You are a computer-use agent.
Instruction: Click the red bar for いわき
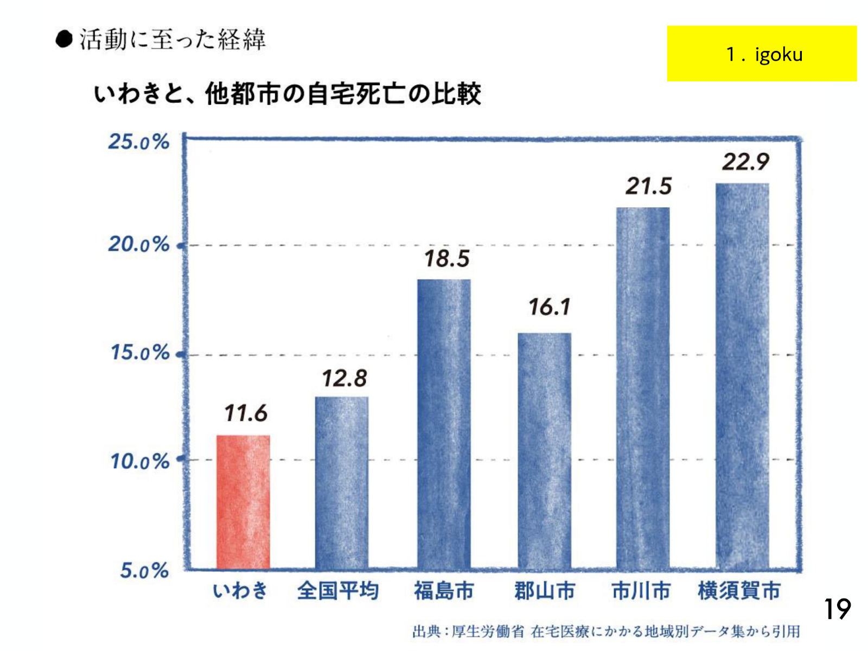pos(243,502)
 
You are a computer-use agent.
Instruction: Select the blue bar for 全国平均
pos(342,483)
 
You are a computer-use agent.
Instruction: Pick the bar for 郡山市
pos(544,451)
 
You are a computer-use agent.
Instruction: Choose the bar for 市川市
pos(643,388)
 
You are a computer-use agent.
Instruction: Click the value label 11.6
pos(246,413)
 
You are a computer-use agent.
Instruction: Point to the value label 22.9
pos(745,162)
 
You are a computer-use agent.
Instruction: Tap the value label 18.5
pos(446,259)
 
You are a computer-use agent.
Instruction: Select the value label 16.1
pos(550,307)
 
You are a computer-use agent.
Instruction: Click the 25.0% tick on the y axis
pos(139,142)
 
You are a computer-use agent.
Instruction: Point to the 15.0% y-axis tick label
pos(140,353)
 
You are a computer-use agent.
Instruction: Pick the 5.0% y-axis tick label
pos(144,571)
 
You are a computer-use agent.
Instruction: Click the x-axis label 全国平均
pos(337,591)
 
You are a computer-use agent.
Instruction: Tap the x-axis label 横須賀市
pos(739,591)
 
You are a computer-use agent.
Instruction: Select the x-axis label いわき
pos(240,591)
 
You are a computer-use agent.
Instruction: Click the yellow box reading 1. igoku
pos(762,54)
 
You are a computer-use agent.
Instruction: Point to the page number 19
pos(837,609)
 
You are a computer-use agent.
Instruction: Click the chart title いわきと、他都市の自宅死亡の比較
pos(288,94)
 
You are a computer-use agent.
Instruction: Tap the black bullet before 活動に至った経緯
pos(64,40)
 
